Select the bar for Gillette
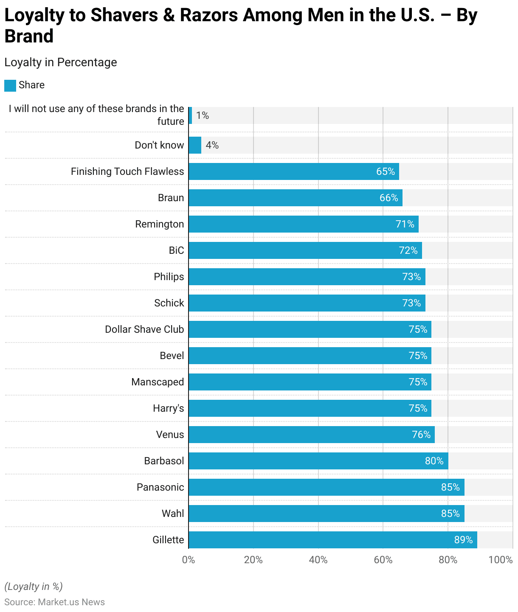pyautogui.click(x=332, y=540)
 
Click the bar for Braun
pyautogui.click(x=295, y=198)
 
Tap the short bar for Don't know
pyautogui.click(x=195, y=145)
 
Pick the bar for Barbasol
pyautogui.click(x=318, y=461)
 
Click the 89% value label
pyautogui.click(x=463, y=540)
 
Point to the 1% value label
pyautogui.click(x=203, y=115)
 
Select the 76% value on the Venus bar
pyautogui.click(x=421, y=435)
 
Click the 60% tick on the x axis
pyautogui.click(x=383, y=560)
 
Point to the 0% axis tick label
pyautogui.click(x=189, y=560)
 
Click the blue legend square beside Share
pyautogui.click(x=10, y=85)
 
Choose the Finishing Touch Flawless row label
pyautogui.click(x=127, y=171)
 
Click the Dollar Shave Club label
pyautogui.click(x=144, y=329)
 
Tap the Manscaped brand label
pyautogui.click(x=158, y=382)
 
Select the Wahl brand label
pyautogui.click(x=173, y=514)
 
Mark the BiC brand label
pyautogui.click(x=176, y=250)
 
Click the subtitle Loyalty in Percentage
pyautogui.click(x=61, y=62)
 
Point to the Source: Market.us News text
pyautogui.click(x=54, y=602)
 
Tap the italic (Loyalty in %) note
pyautogui.click(x=34, y=587)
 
